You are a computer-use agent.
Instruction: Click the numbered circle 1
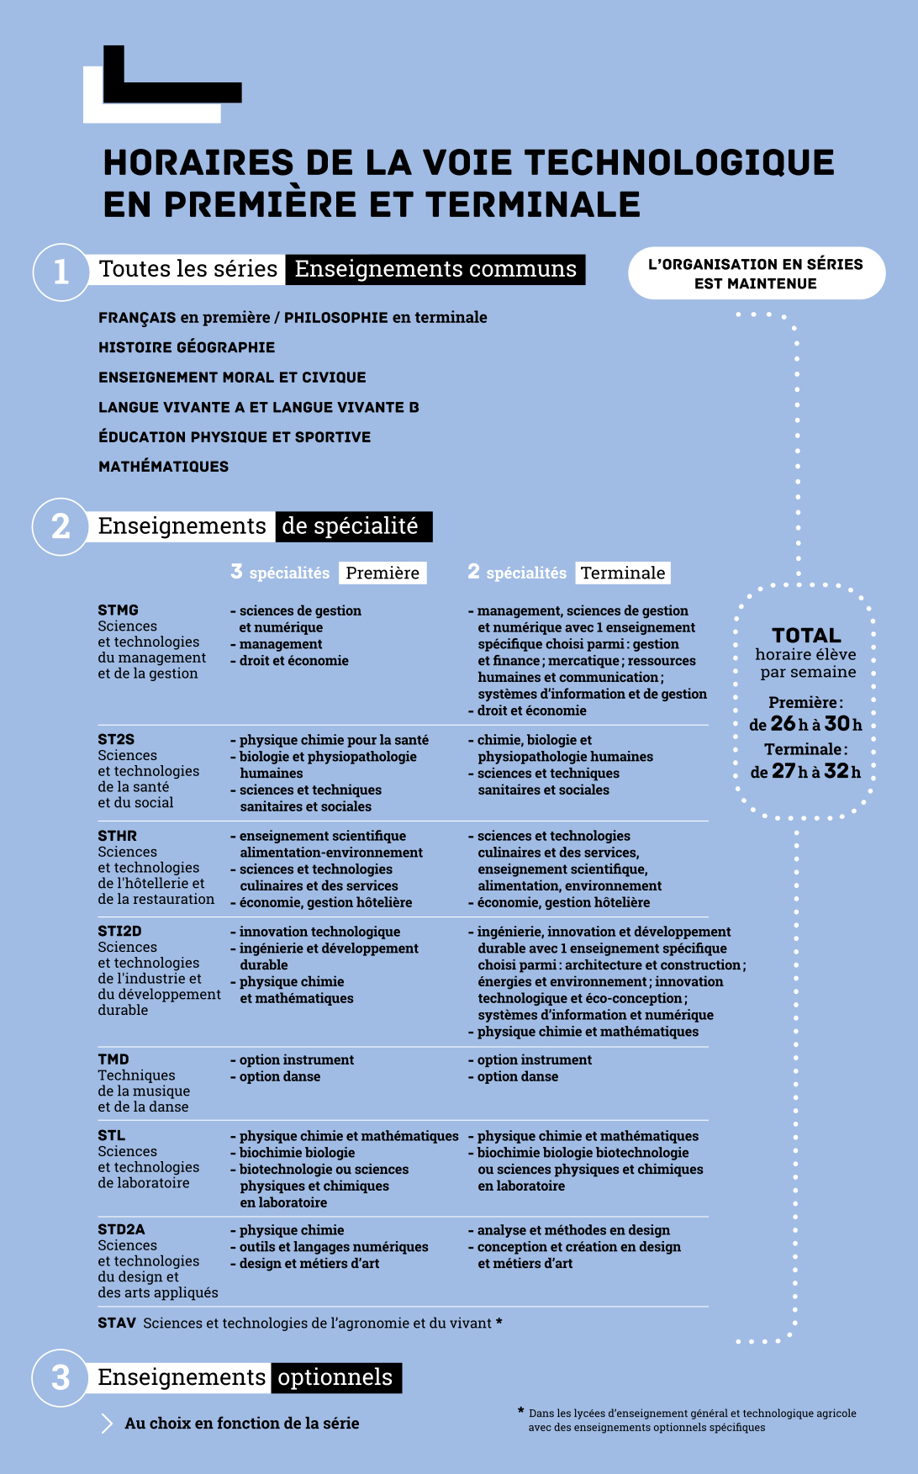point(61,272)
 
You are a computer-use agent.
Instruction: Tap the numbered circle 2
point(61,526)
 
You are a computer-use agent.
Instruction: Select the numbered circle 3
point(61,1377)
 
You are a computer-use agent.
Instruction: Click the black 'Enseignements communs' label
point(435,269)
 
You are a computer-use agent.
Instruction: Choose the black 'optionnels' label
point(335,1377)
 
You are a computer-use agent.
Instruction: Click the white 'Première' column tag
point(382,573)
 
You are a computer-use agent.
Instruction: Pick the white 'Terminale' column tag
point(623,573)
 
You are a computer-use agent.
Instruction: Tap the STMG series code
point(118,610)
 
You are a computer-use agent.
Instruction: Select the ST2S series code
point(116,739)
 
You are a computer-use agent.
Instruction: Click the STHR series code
point(117,836)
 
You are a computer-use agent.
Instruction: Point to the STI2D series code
point(119,931)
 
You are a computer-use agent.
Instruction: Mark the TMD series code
point(113,1059)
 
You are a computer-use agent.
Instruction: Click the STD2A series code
point(121,1229)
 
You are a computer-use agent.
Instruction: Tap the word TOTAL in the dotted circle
point(806,636)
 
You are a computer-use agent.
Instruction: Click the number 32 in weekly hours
point(836,770)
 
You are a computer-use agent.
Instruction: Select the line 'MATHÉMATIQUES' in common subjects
point(163,467)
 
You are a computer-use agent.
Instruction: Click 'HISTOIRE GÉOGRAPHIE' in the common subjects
point(187,347)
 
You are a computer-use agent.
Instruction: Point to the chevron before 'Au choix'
point(107,1424)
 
